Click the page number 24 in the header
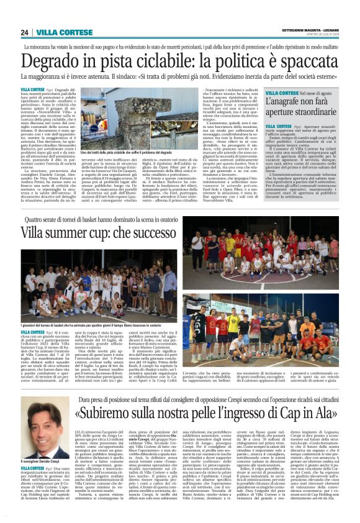pyautogui.click(x=24, y=32)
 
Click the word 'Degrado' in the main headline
pyautogui.click(x=47, y=61)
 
